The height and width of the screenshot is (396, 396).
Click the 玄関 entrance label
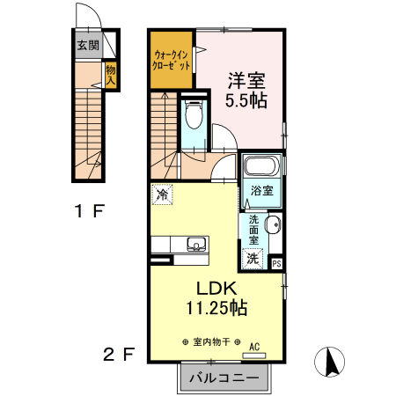point(86,47)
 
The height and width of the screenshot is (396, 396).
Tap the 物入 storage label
point(110,74)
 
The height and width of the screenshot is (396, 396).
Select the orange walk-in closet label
point(171,59)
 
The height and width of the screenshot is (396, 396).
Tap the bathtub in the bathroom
point(260,166)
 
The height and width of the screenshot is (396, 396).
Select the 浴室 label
point(260,191)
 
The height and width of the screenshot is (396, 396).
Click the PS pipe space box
point(276,263)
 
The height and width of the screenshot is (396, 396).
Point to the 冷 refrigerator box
point(162,193)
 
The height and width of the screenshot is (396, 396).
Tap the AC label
point(255,347)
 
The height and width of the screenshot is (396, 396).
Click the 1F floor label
point(91,210)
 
